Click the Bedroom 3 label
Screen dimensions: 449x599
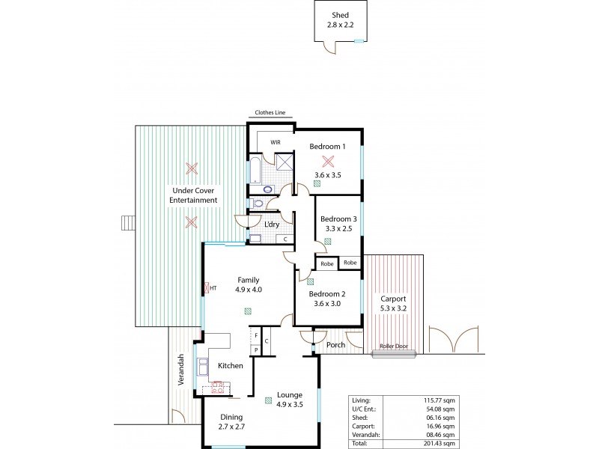tap(338, 219)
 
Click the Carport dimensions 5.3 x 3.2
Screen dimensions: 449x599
tap(393, 307)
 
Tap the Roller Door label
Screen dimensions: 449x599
tap(394, 346)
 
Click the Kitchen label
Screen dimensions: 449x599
tap(230, 366)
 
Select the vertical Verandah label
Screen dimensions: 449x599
tap(180, 370)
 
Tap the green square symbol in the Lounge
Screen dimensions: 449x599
tap(268, 401)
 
